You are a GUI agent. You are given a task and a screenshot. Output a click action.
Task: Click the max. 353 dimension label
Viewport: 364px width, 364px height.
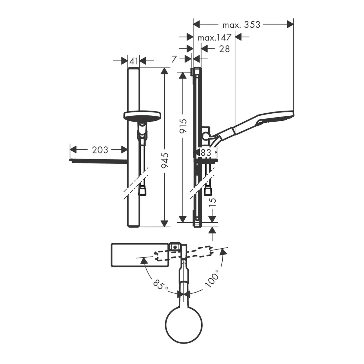(x=241, y=25)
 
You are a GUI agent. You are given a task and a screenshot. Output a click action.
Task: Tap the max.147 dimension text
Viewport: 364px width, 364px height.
(x=214, y=38)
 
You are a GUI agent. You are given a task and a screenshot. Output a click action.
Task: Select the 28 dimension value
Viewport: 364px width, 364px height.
(x=224, y=49)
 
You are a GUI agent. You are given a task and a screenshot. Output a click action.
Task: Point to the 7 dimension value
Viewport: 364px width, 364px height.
(x=174, y=59)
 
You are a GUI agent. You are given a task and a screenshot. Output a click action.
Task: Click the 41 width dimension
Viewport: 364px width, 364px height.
(x=134, y=61)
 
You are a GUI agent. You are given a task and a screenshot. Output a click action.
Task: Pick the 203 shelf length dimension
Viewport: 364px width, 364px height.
(x=100, y=150)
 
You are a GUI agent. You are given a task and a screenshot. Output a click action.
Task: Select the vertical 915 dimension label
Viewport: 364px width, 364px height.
(x=183, y=126)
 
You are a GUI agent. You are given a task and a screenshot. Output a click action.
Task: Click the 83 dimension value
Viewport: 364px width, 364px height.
(x=206, y=152)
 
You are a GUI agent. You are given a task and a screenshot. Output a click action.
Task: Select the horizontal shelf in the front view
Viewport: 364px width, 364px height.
(x=98, y=161)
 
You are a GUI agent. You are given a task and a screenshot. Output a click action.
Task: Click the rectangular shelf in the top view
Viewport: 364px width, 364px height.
(x=140, y=255)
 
